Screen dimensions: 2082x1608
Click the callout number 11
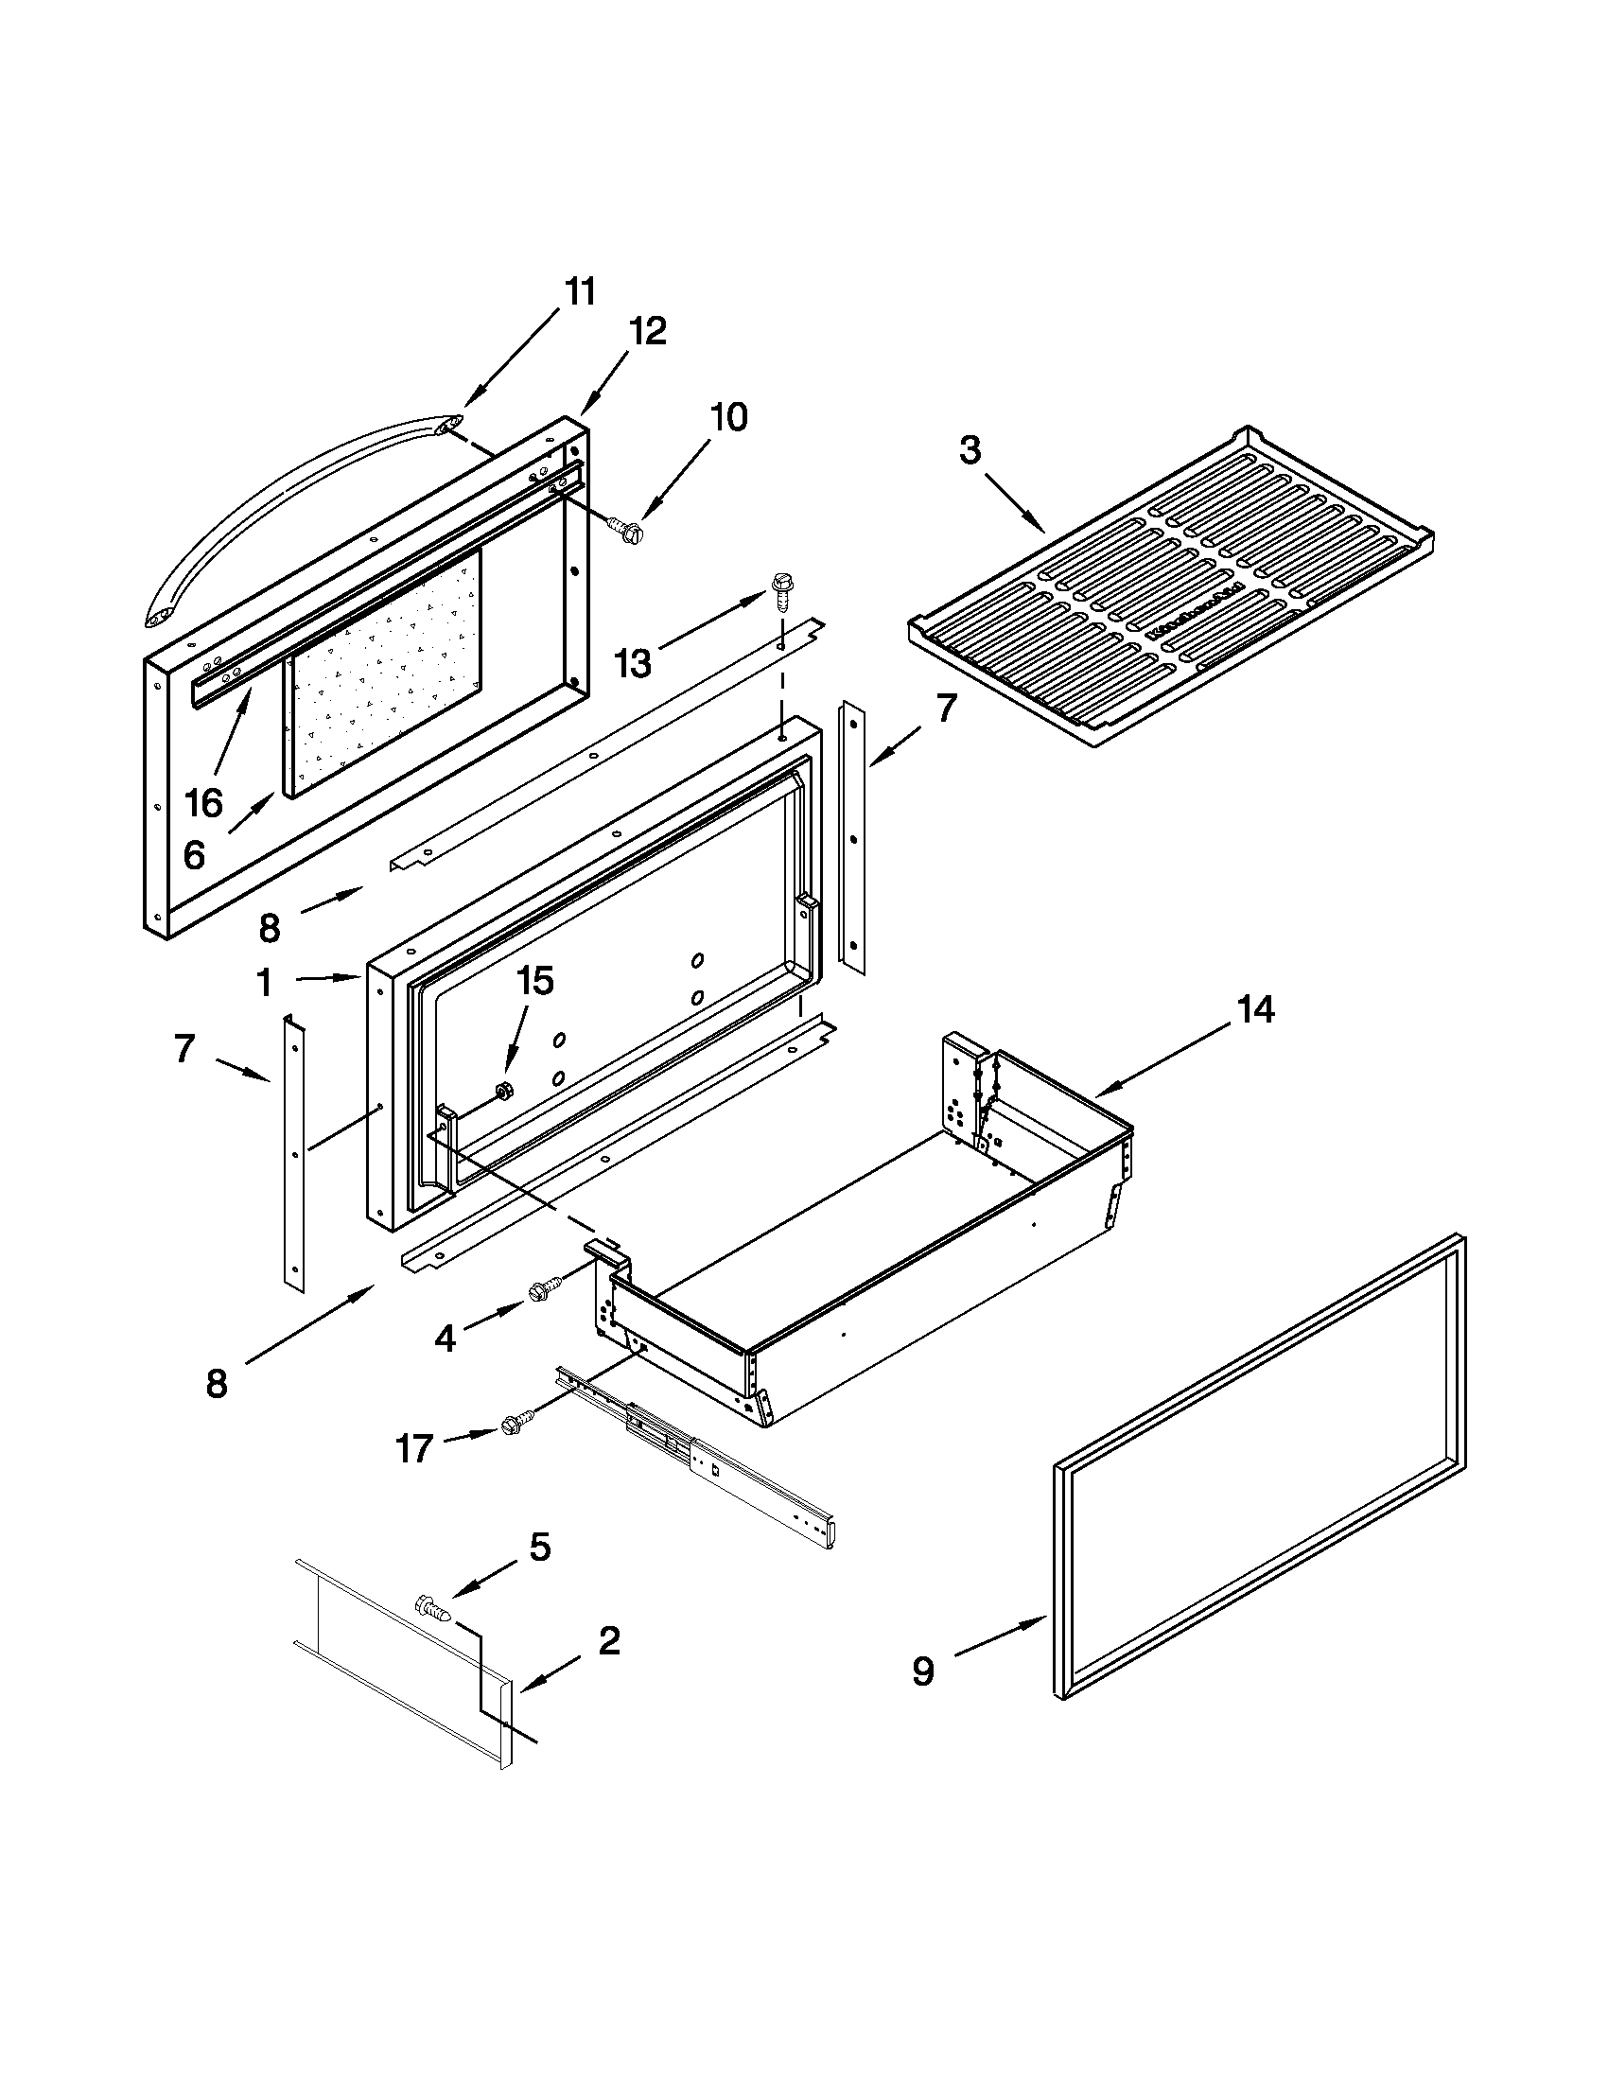(x=580, y=291)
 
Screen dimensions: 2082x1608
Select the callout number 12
(x=647, y=332)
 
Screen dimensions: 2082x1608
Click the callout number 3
(x=970, y=450)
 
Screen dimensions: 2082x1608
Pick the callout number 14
(x=1255, y=1009)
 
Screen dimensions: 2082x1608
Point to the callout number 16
(x=203, y=803)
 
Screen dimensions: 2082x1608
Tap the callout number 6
(x=194, y=855)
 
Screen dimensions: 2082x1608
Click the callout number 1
(x=264, y=983)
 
